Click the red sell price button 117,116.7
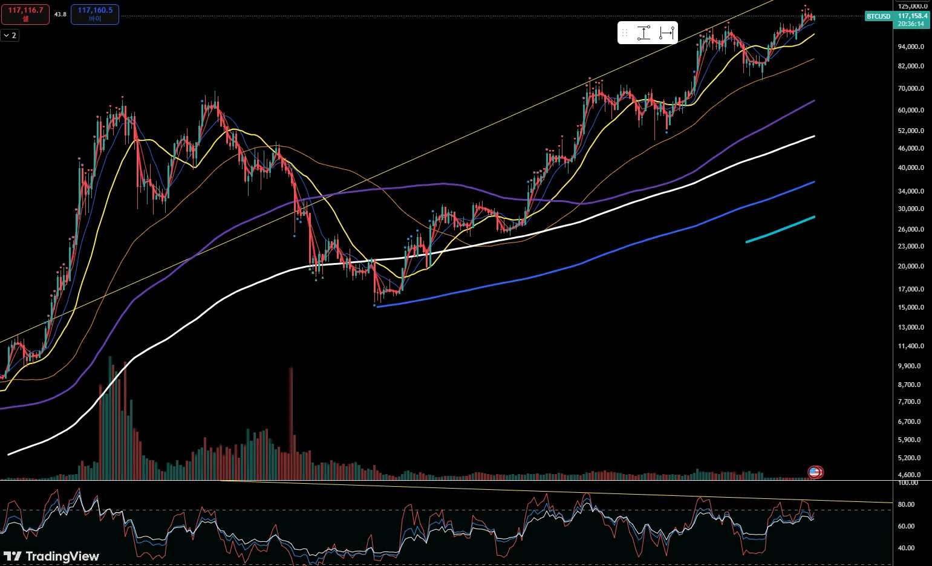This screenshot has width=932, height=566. [x=25, y=14]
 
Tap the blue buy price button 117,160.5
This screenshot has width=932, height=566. [x=95, y=14]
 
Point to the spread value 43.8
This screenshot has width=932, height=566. [x=60, y=14]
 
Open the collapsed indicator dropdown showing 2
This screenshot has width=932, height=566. [x=10, y=36]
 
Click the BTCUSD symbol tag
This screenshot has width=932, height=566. [x=878, y=16]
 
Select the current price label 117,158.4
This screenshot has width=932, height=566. [x=912, y=16]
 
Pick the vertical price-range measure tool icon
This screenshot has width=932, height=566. [x=644, y=33]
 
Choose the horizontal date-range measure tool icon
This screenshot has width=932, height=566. [x=666, y=33]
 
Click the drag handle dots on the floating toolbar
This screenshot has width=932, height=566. [x=625, y=33]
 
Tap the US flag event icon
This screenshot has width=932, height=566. [x=815, y=472]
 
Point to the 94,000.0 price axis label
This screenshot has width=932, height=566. [x=911, y=47]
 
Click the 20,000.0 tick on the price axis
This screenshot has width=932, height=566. [x=911, y=266]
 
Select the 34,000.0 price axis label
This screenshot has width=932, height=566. [x=911, y=191]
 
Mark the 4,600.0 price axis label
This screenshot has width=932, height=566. [x=910, y=475]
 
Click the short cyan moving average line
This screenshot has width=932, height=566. [x=780, y=230]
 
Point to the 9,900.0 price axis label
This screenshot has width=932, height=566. [x=910, y=366]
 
